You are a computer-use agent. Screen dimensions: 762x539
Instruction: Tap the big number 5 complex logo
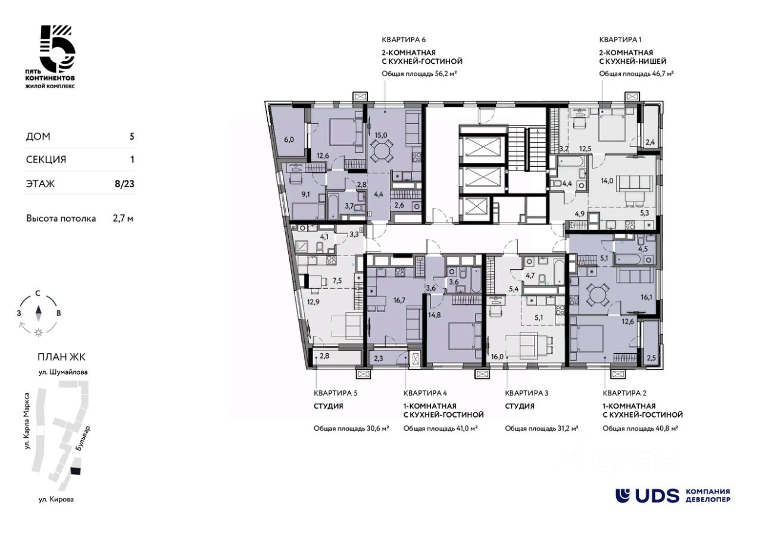point(58,49)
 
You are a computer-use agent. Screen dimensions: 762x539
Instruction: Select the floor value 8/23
point(124,184)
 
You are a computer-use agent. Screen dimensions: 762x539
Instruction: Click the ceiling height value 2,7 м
point(123,219)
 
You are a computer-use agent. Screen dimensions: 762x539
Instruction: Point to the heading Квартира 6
point(404,40)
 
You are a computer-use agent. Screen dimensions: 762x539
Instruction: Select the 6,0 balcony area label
point(289,139)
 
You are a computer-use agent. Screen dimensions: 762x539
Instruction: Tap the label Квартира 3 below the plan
point(527,393)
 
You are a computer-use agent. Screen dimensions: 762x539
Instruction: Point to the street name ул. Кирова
point(56,500)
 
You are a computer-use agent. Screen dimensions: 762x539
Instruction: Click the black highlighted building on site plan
point(76,471)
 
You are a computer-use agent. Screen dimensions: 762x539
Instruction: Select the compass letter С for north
point(38,293)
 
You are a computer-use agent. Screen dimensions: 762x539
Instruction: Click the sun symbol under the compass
point(39,332)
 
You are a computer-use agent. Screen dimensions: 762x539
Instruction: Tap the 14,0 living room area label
point(607,181)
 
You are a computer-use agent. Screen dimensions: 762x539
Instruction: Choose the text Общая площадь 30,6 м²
point(351,428)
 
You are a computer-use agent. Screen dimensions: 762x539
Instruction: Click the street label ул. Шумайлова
point(63,372)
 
